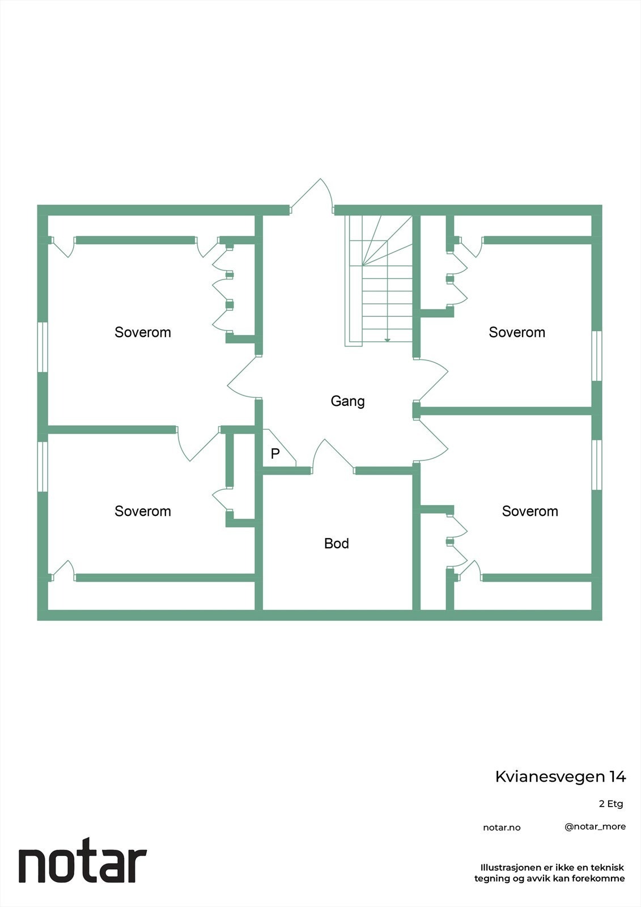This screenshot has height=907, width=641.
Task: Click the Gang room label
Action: point(347,401)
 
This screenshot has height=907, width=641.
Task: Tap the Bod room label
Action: point(336,543)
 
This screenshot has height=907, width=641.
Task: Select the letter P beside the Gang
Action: point(275,453)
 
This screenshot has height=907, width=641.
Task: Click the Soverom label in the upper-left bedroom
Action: point(143,332)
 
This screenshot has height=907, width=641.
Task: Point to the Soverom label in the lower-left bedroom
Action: point(143,511)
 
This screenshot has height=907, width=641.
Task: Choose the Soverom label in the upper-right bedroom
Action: point(517,332)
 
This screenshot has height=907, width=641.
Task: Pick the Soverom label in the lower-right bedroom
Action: point(530,511)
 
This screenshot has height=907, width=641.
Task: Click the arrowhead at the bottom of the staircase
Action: point(387,340)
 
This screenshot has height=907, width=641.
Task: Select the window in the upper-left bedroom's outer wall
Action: point(43,347)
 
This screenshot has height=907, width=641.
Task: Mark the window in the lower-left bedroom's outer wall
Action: point(43,466)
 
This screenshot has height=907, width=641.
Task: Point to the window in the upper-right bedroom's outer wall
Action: point(596,356)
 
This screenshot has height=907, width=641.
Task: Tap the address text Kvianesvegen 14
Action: point(561,777)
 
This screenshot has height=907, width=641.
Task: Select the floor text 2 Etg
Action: point(611,804)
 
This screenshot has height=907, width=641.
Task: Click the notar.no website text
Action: point(502,828)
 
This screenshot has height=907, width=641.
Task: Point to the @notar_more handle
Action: point(595,827)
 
